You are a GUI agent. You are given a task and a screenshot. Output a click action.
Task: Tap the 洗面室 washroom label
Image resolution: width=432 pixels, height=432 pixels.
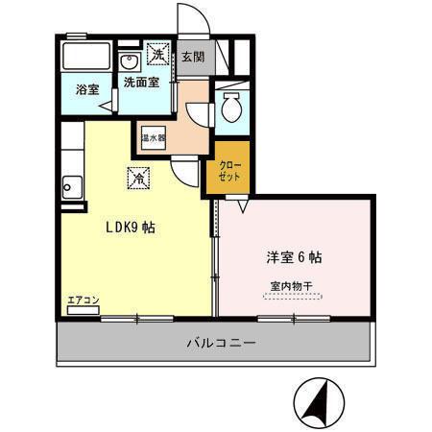(142, 83)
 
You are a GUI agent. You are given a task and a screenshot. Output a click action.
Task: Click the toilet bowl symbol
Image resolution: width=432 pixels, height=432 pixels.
(230, 109)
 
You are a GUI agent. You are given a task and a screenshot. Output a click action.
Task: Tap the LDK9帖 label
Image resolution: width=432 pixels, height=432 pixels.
(131, 228)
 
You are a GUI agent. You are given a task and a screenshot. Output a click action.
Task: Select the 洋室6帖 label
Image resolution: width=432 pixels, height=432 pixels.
(293, 257)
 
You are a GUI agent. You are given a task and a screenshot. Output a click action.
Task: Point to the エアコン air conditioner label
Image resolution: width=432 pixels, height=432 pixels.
(84, 300)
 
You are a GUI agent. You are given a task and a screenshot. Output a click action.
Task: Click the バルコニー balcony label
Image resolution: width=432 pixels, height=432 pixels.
(216, 343)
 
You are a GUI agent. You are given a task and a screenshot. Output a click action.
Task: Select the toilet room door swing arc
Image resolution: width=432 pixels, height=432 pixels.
(201, 111)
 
